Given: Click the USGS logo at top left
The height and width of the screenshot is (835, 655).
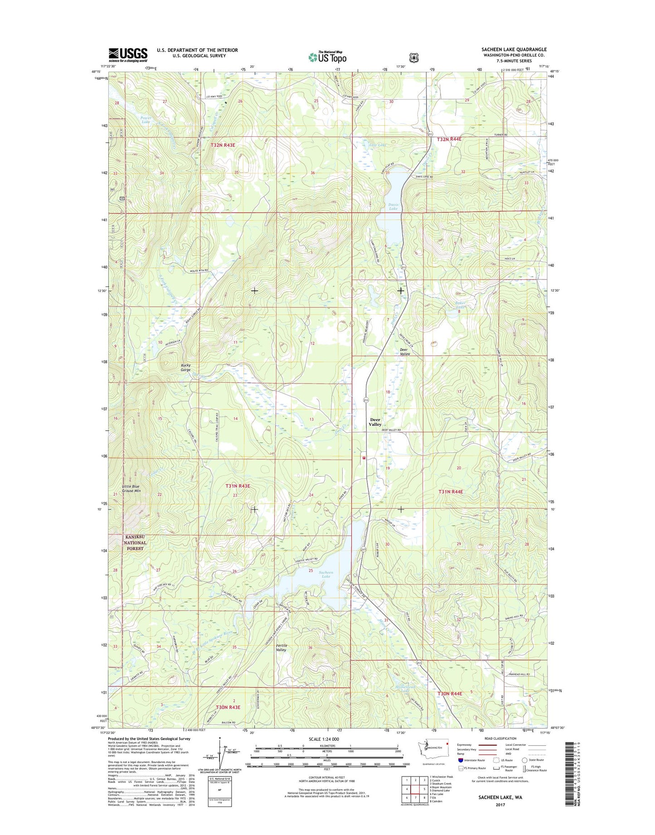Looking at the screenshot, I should pos(128,55).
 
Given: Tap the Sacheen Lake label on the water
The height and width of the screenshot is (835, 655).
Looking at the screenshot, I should pos(326,574).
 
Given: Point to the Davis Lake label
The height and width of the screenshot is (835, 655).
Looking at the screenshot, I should pos(393,206).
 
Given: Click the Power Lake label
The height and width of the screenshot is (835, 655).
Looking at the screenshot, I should pos(146,120).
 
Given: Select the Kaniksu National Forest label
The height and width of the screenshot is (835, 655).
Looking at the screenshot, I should pos(135,543).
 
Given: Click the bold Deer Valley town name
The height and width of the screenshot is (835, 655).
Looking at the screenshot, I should pos(375,422).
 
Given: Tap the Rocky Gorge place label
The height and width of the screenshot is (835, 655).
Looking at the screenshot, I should pos(185,367).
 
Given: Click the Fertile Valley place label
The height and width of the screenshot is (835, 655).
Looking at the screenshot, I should pos(281,647).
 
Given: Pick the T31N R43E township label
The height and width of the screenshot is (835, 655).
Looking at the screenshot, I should pos(238,486).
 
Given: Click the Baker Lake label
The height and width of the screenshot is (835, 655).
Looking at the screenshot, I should pos(460,305).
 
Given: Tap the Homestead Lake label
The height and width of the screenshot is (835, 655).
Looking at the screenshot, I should pos(405,689).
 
